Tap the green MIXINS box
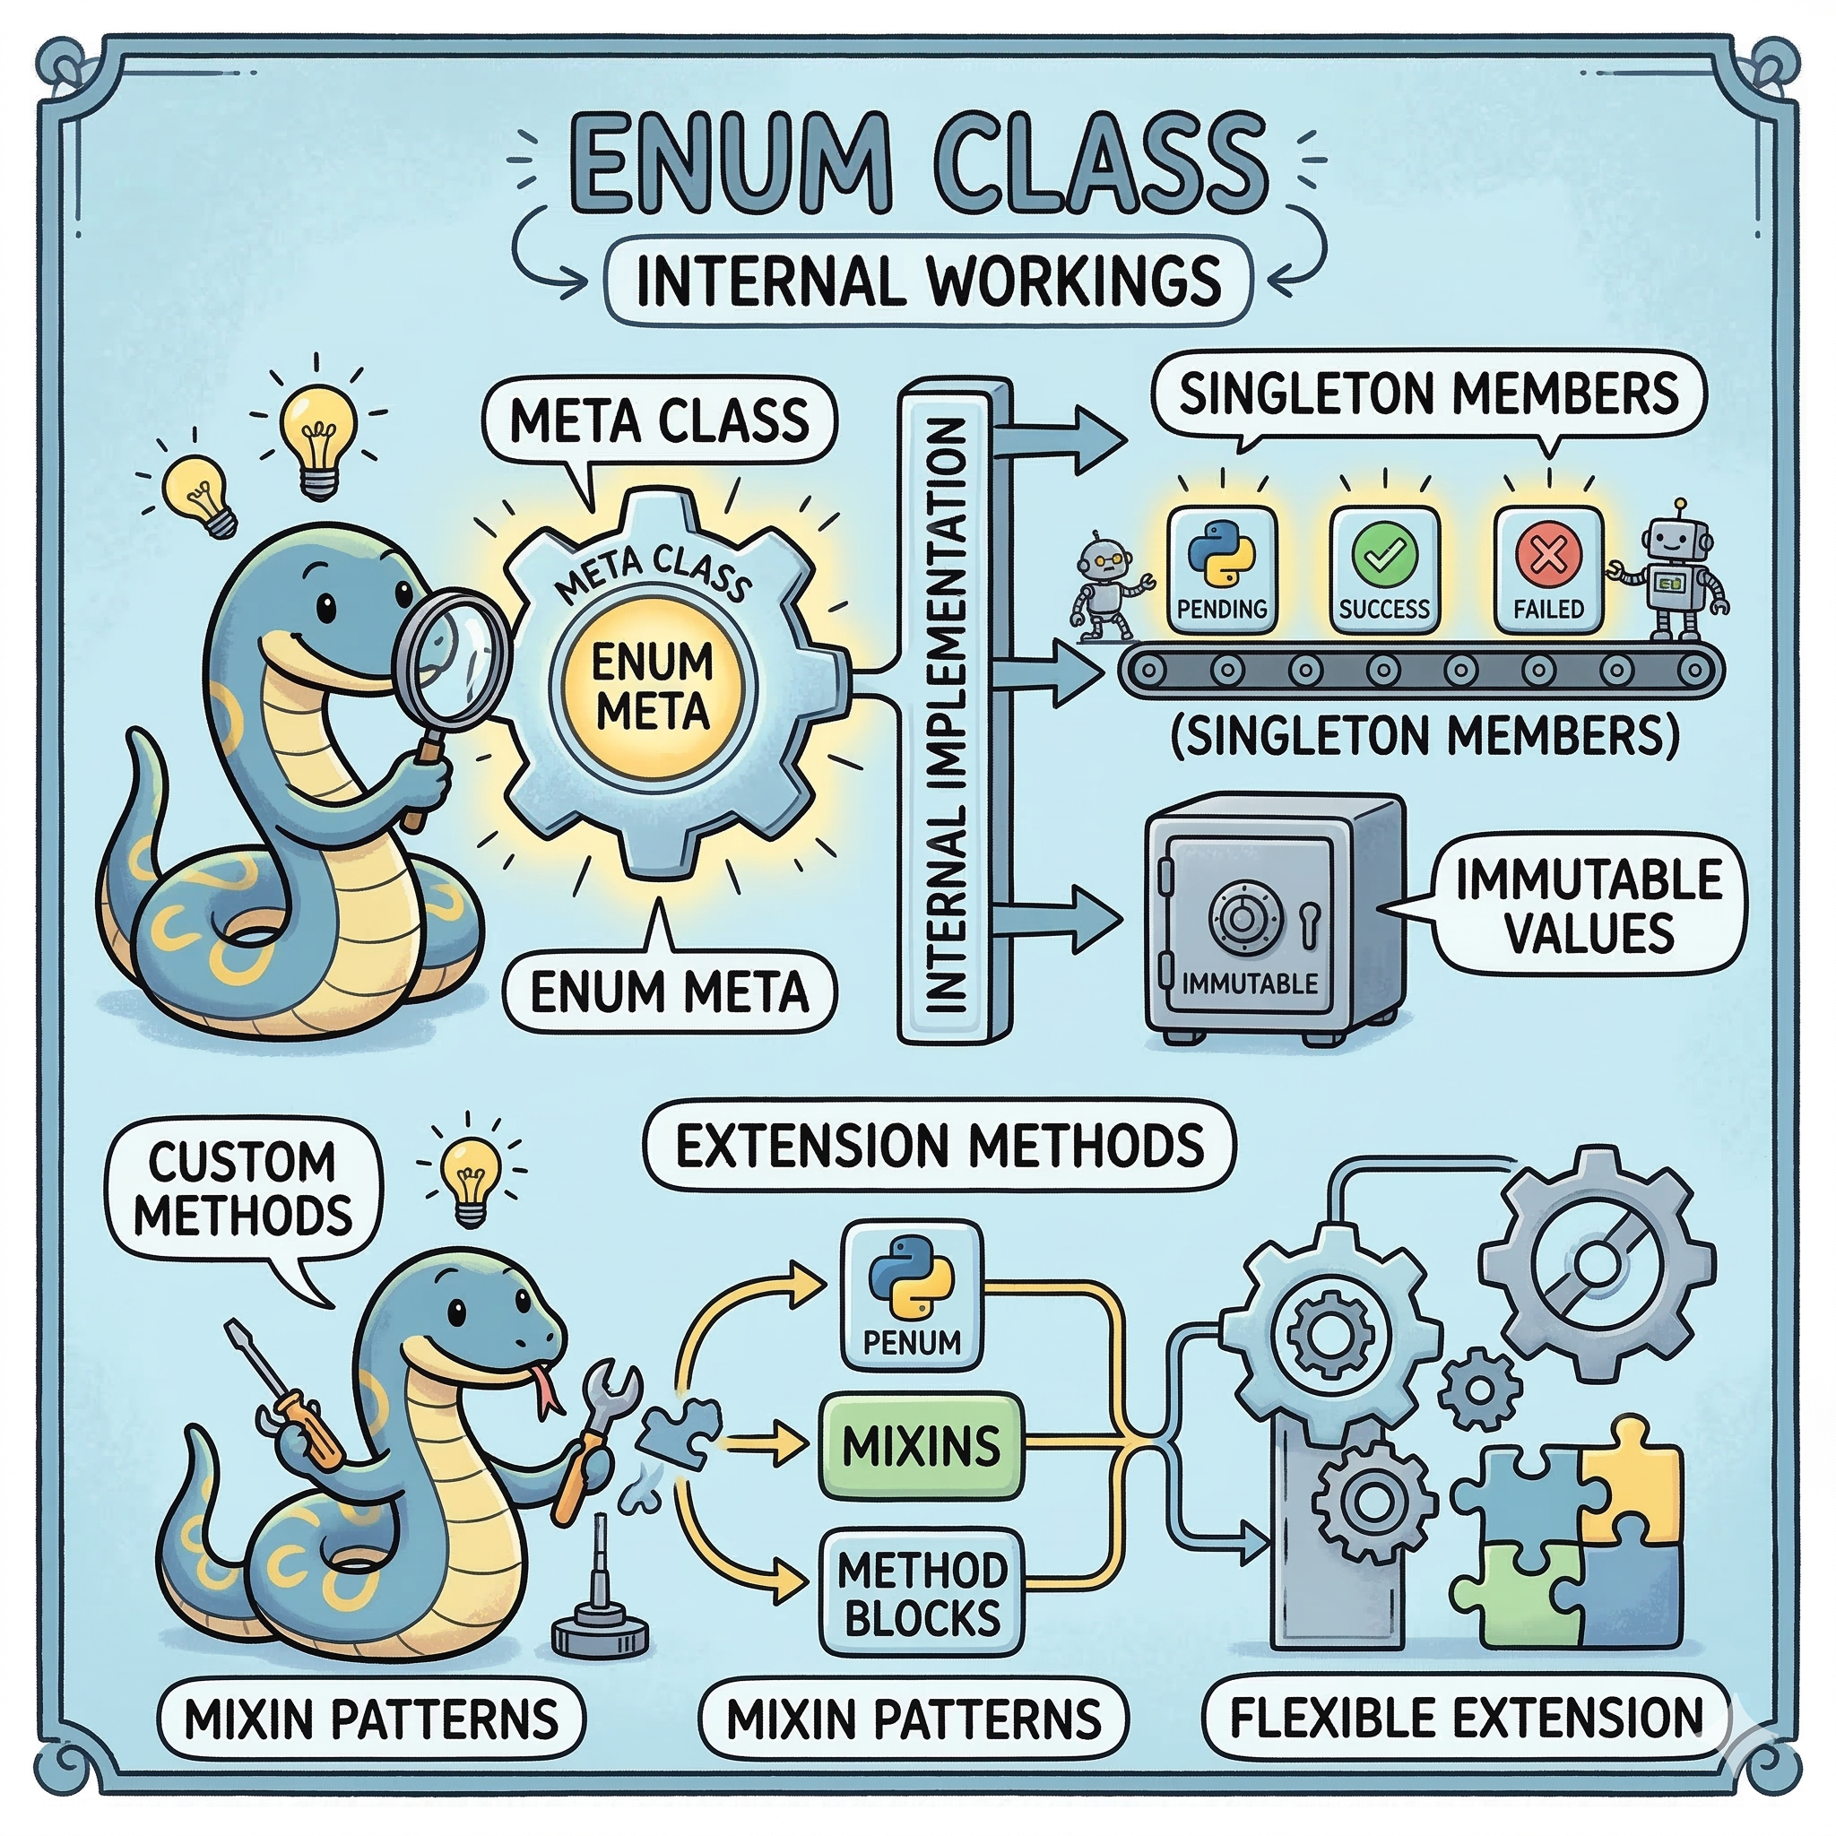pyautogui.click(x=919, y=1446)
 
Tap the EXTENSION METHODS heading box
pyautogui.click(x=939, y=1145)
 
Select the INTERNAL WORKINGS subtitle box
pyautogui.click(x=927, y=281)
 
